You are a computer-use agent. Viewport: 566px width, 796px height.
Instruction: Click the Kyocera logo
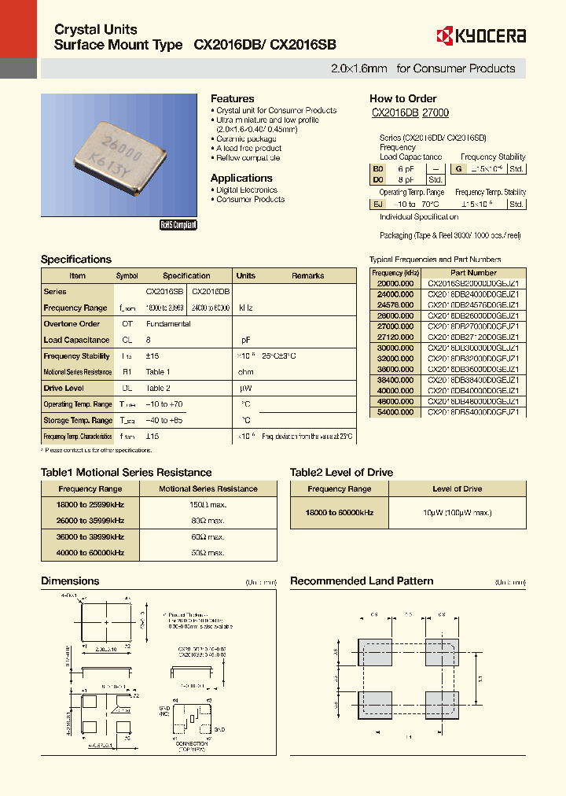pos(480,35)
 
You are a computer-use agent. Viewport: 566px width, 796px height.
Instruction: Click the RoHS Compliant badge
pos(178,225)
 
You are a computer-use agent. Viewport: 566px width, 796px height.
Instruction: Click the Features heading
pos(232,98)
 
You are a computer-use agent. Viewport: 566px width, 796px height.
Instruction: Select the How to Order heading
pos(402,98)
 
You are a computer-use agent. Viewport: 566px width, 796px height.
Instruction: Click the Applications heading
pos(241,178)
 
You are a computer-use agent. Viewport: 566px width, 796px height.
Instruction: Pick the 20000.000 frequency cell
pos(395,282)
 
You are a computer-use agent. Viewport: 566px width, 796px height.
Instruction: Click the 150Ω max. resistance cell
pos(208,504)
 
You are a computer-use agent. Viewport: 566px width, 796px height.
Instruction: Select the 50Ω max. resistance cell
pos(208,553)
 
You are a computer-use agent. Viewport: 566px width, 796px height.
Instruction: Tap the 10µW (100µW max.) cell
pos(458,512)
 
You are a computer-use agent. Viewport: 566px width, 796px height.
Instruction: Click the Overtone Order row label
pos(72,323)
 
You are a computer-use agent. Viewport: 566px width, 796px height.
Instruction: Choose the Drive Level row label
pos(64,388)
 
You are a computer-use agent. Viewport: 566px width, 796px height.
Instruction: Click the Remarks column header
pos(308,276)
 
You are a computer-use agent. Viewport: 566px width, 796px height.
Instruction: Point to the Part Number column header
pos(472,273)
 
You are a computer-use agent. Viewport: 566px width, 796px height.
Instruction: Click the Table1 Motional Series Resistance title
pos(126,473)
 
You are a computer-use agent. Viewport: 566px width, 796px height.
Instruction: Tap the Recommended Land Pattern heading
pos(362,581)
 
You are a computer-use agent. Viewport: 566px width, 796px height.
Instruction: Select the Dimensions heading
pos(70,581)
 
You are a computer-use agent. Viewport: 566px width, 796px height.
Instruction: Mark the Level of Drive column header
pos(458,488)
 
